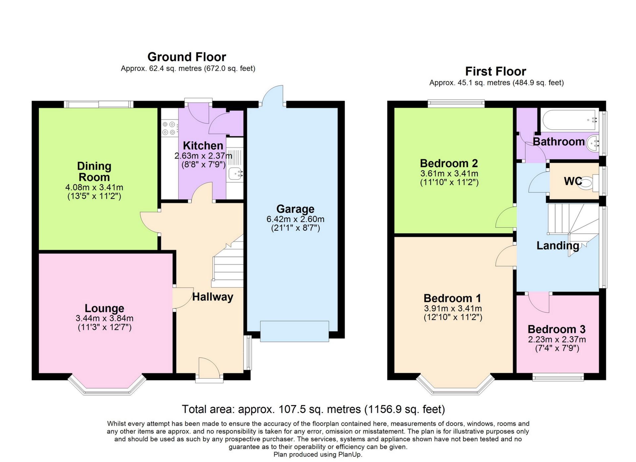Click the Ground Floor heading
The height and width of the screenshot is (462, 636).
[186, 57]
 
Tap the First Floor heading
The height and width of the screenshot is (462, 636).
[496, 71]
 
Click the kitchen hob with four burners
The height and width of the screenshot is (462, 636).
[169, 128]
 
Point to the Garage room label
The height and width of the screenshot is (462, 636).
[295, 209]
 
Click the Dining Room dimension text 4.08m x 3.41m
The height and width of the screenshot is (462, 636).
[94, 187]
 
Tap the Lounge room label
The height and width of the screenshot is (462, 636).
[104, 308]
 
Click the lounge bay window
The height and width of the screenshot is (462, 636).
[107, 385]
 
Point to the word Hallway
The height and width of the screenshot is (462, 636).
[213, 297]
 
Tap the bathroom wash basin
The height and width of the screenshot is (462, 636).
[593, 143]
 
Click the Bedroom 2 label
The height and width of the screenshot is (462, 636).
[449, 163]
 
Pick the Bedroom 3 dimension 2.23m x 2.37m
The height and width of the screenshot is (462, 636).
[557, 340]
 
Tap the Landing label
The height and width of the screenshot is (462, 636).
[558, 246]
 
